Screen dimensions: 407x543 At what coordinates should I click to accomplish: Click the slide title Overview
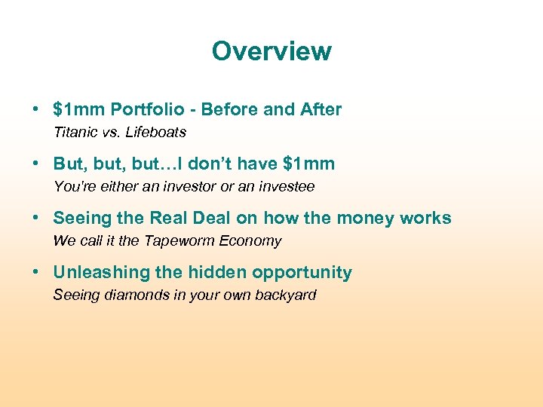271,51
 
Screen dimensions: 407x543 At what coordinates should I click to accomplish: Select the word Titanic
74,133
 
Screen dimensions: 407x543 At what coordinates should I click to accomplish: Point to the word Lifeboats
156,133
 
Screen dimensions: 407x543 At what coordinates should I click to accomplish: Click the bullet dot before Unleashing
36,273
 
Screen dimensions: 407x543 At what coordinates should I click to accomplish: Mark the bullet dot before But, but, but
36,164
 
